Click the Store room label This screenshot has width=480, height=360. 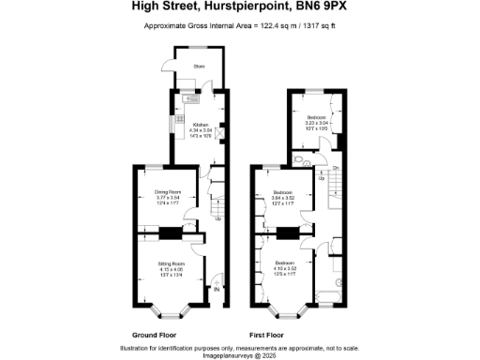click(x=199, y=67)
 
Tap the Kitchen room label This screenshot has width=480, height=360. click(x=201, y=124)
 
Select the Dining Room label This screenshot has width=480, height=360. click(x=168, y=191)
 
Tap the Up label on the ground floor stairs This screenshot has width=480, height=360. click(x=217, y=219)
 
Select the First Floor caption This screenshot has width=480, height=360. click(x=268, y=335)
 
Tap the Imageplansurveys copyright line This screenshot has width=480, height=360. click(x=240, y=355)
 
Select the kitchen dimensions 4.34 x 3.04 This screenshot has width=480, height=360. click(x=200, y=129)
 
